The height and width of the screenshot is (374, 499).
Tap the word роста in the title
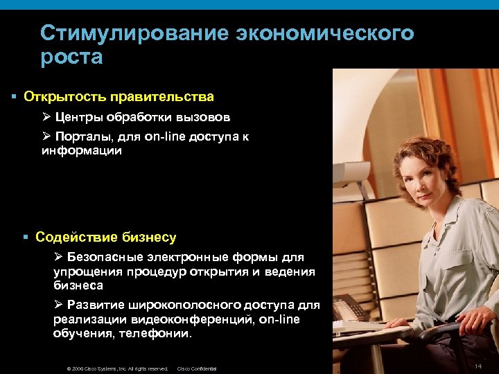pos(71,57)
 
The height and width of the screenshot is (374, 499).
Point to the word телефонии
pos(158,333)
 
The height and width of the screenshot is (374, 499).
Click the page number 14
pos(478,365)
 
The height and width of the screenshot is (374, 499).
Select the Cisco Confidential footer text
pos(197,368)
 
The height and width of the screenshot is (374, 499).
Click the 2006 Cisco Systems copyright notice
pos(117,368)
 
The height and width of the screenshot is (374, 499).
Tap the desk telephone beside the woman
pos(349,309)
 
